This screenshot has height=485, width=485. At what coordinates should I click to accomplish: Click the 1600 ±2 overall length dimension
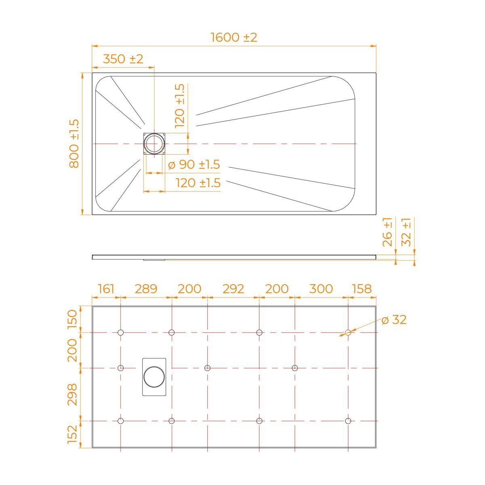coord(234,38)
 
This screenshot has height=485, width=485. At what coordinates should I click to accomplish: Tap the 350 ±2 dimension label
coord(123,59)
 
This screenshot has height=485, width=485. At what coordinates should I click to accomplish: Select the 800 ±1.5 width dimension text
coord(74,144)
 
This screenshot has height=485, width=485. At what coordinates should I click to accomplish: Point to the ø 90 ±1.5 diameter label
coord(194,164)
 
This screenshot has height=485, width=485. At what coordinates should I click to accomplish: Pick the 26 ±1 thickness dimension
coord(387,232)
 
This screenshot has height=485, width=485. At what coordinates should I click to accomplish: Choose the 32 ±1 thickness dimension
coord(406,232)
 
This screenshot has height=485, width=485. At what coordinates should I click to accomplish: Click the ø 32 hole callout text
coord(394,320)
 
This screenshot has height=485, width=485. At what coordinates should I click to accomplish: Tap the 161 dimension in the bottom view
coord(106,289)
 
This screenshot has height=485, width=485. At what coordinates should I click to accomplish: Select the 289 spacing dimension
coord(146,289)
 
